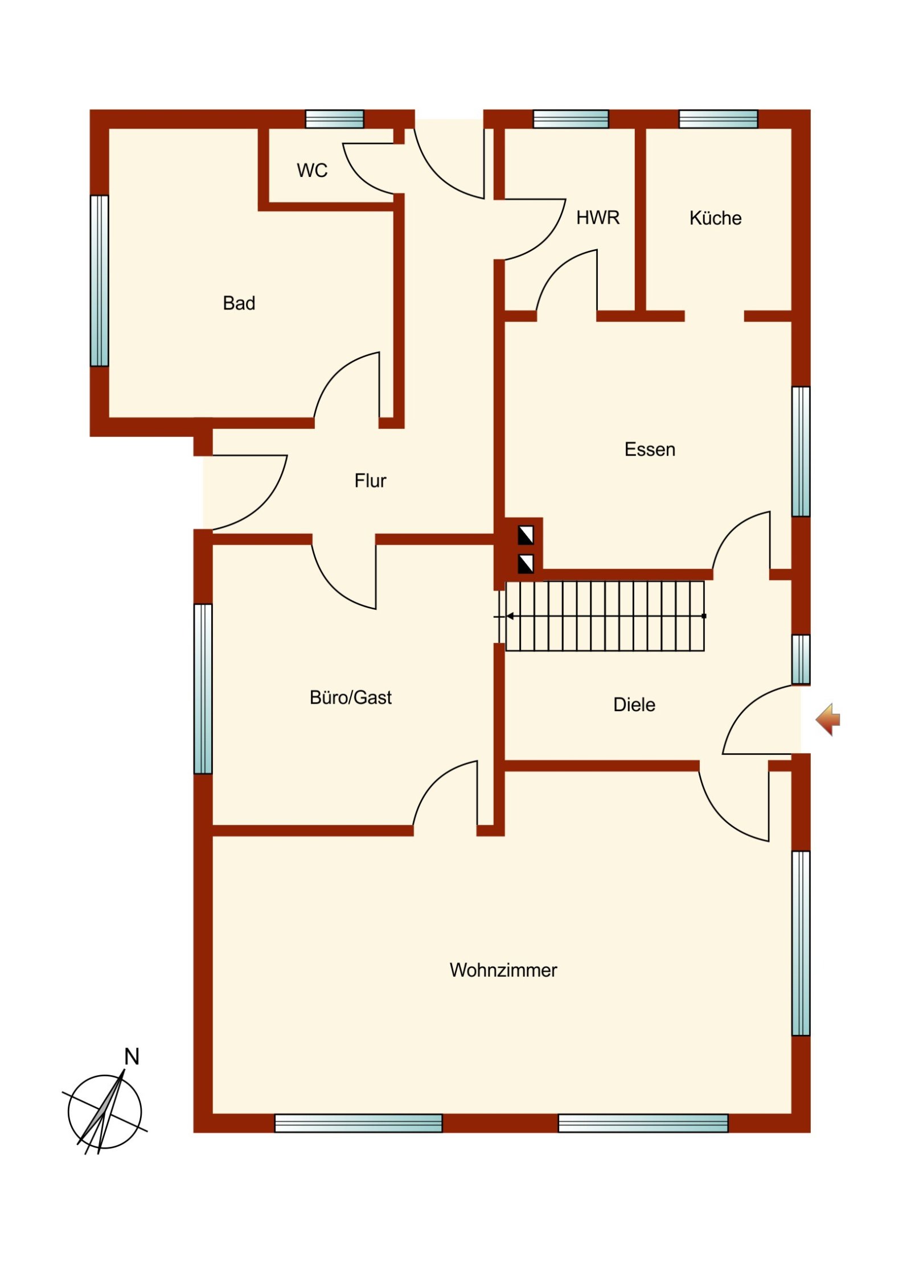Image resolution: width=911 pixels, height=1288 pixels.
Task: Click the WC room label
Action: pos(312,170)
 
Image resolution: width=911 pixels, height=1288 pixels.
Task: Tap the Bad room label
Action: pos(239,303)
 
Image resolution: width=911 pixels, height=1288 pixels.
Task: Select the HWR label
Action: pos(598,217)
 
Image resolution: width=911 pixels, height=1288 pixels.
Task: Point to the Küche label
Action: pos(715,218)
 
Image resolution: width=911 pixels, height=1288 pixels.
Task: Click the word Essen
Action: pos(650,449)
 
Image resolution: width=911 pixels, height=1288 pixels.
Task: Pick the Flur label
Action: pos(370,481)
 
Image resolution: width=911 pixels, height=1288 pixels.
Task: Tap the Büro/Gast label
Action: pos(351,697)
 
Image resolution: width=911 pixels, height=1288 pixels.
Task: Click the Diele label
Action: pos(634,705)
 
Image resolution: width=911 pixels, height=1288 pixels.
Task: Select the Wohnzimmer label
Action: pos(503,970)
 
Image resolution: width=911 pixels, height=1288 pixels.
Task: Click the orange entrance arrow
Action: pos(828,720)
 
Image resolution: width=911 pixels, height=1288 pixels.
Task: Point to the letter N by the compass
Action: pos(132,1056)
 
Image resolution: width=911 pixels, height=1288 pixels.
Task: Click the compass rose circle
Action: pos(105,1112)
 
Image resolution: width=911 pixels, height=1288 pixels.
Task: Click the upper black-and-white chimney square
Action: pos(526,536)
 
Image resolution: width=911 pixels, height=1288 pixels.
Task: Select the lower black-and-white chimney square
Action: pos(526,564)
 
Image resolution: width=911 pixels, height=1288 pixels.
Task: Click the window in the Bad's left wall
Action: pos(100,281)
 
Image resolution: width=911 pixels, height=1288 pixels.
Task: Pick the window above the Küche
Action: pos(718,119)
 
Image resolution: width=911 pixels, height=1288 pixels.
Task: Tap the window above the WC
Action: pos(335,119)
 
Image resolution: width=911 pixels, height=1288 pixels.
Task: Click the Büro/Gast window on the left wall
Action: pos(203,688)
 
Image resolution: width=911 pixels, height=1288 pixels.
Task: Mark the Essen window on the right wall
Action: pos(801,452)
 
